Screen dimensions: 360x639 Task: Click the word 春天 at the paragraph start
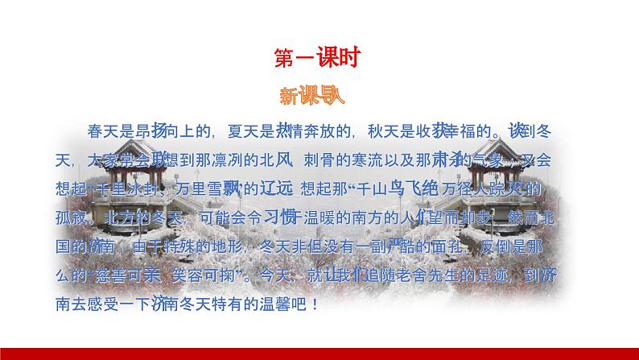[98, 131]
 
